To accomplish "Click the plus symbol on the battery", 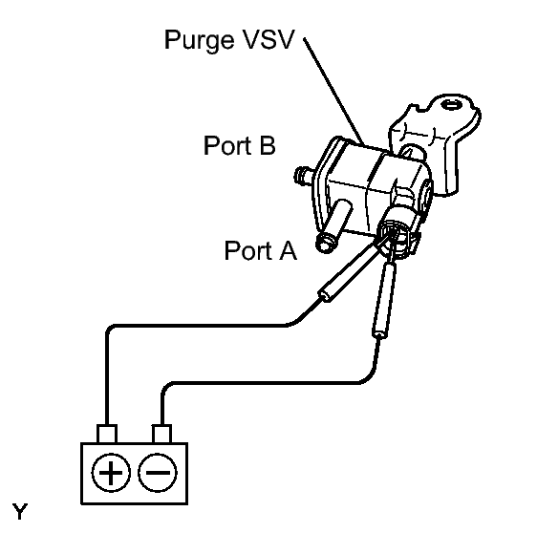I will click(113, 473).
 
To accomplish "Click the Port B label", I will click(241, 145).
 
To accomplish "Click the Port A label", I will click(260, 250).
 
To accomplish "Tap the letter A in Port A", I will click(287, 250).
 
